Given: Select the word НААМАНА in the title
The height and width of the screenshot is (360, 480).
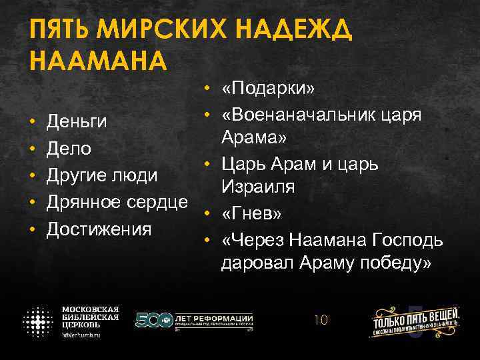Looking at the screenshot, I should click(96, 61).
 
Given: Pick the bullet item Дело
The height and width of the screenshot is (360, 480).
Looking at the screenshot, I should click(68, 148).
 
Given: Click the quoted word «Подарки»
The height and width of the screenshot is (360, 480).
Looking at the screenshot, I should click(269, 89).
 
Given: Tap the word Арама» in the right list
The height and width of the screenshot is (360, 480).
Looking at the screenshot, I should click(254, 139).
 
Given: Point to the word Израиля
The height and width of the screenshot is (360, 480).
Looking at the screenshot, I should click(258, 189).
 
